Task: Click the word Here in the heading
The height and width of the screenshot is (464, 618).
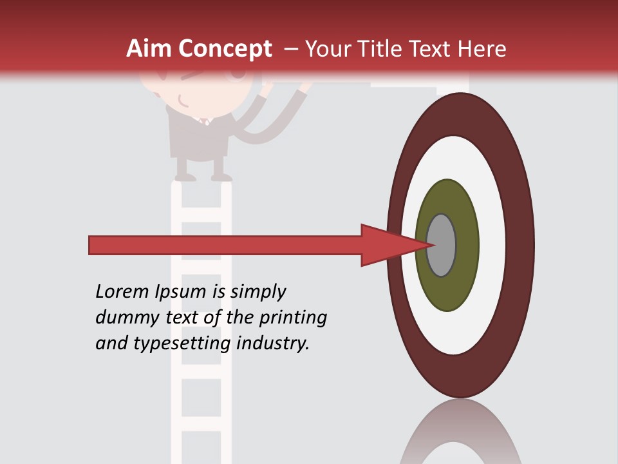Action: pyautogui.click(x=484, y=49)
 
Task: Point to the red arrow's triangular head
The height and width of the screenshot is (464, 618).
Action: pyautogui.click(x=386, y=245)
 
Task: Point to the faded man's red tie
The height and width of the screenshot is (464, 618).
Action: pyautogui.click(x=204, y=121)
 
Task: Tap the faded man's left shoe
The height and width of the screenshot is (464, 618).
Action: pyautogui.click(x=185, y=175)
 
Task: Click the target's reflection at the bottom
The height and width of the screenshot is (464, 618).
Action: pyautogui.click(x=460, y=435)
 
